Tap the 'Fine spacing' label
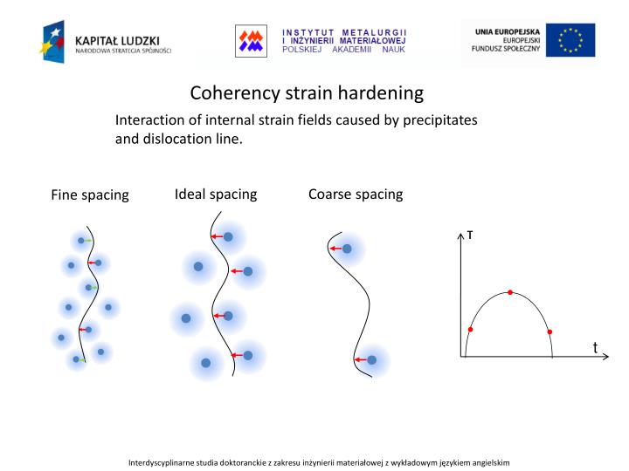click(90, 195)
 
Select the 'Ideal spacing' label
click(216, 194)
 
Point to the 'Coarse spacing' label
click(356, 194)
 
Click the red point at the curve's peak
click(510, 292)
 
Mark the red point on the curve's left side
click(470, 329)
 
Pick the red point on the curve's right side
click(550, 331)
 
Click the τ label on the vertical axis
click(470, 235)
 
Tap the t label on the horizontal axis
click(595, 347)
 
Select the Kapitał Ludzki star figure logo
click(53, 40)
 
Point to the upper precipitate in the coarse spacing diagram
click(347, 249)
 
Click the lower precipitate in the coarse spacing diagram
click(371, 359)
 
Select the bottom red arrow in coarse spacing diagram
click(360, 359)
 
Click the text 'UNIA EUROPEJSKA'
click(508, 31)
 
